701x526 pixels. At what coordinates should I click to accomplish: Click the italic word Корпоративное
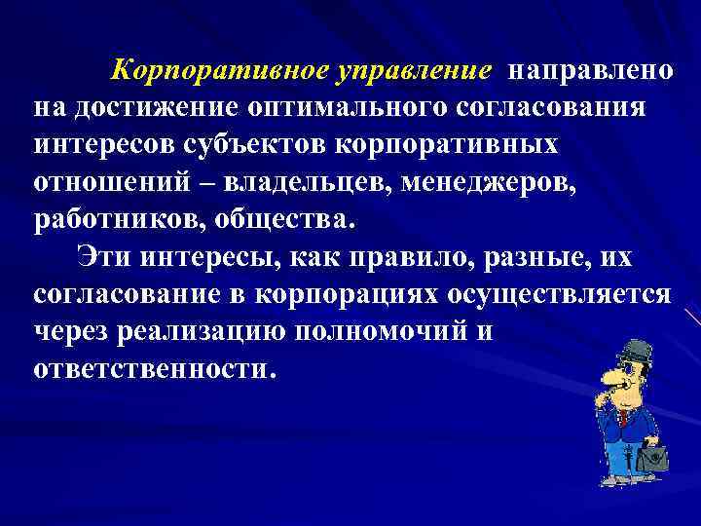click(x=221, y=71)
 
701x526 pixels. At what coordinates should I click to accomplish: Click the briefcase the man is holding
click(x=649, y=455)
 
